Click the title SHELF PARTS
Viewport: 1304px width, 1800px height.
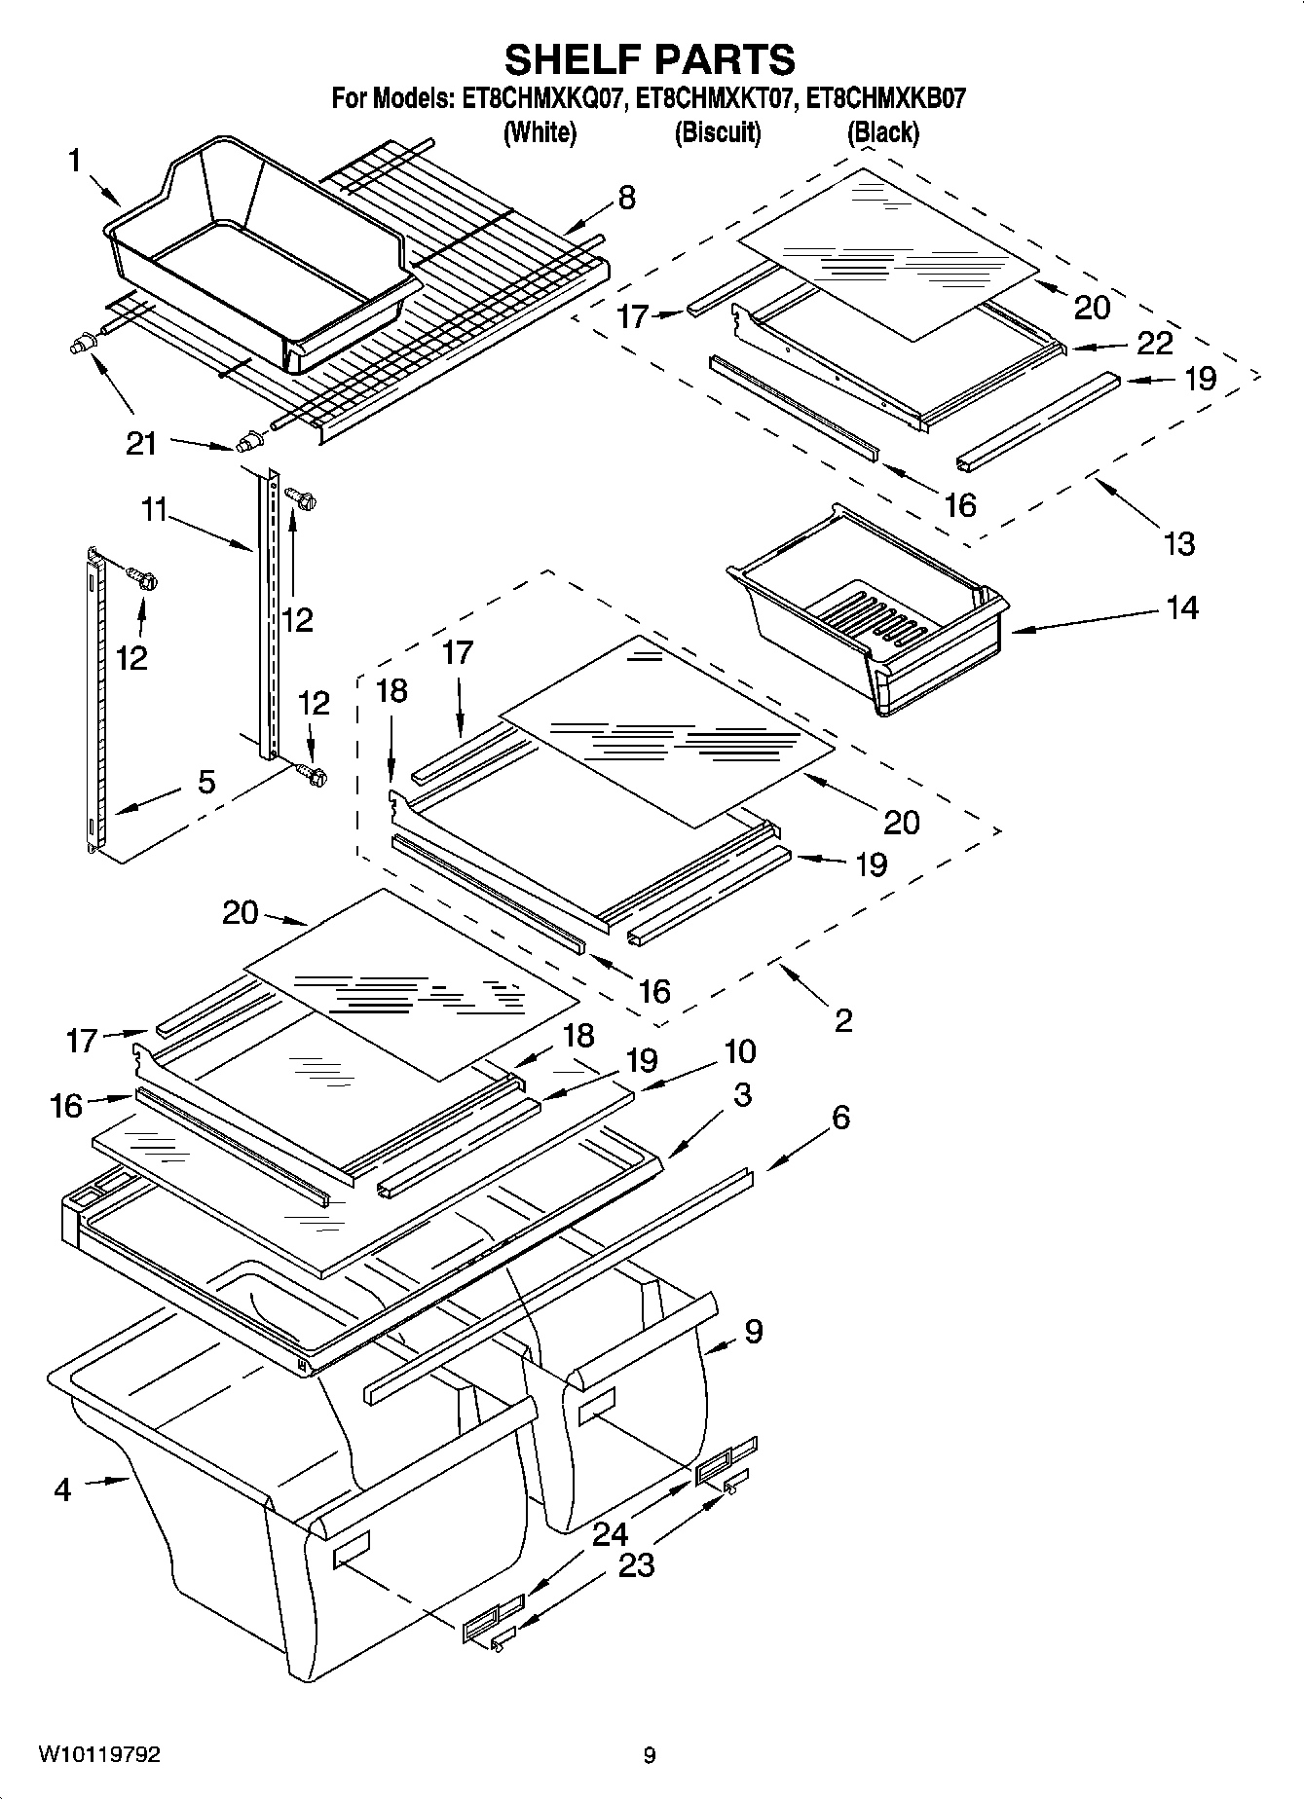tap(650, 59)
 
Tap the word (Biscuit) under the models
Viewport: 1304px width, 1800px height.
tap(718, 132)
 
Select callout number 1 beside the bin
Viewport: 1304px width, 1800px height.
tap(74, 161)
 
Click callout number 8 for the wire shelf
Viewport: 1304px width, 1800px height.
tap(626, 198)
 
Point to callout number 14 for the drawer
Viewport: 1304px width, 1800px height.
tap(1181, 608)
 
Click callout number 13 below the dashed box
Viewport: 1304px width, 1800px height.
tap(1178, 543)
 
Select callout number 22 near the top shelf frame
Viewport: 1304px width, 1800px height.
tap(1154, 343)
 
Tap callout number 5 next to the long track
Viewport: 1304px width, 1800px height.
tap(206, 782)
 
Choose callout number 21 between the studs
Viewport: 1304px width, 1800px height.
tap(141, 444)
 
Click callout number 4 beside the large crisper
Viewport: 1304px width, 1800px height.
tap(62, 1489)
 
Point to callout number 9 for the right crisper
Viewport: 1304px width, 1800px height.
tap(753, 1331)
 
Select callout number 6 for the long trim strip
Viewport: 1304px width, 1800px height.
tap(840, 1117)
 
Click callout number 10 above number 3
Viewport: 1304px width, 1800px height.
tap(740, 1051)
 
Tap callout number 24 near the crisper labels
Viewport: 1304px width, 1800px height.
tap(611, 1535)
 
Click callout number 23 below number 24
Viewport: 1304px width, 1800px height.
tap(635, 1565)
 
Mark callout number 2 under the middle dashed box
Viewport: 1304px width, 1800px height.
tap(843, 1019)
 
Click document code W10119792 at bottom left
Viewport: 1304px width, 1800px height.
tap(99, 1755)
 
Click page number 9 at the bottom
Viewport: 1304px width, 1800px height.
tap(650, 1756)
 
